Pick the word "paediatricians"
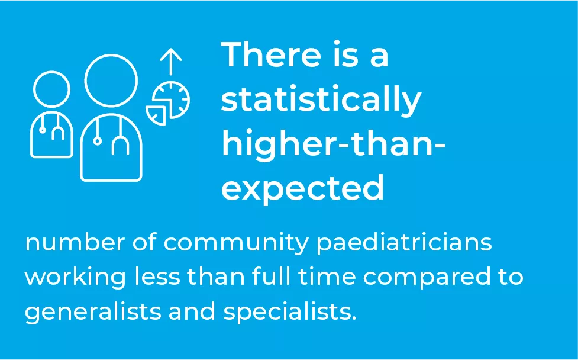(x=404, y=243)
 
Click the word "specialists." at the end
(x=290, y=311)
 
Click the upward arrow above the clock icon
(x=171, y=62)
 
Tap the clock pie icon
(x=172, y=99)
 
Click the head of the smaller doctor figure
(x=51, y=89)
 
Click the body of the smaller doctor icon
(x=51, y=134)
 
